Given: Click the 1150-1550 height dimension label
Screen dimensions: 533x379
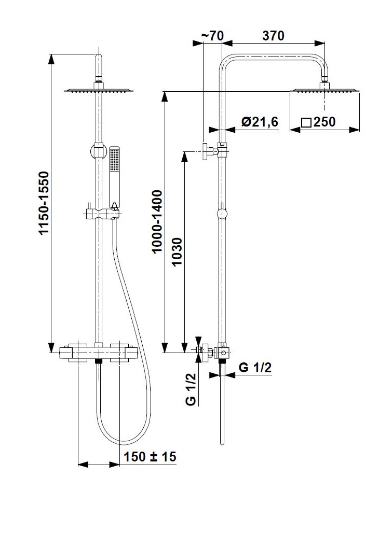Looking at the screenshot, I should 44,203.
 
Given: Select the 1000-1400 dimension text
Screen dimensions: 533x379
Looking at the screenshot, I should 157,222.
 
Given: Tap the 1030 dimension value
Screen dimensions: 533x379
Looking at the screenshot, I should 177,253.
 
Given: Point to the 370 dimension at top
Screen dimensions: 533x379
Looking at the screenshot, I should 273,36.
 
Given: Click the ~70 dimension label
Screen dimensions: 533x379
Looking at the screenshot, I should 211,36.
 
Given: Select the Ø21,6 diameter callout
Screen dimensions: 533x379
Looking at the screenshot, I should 260,122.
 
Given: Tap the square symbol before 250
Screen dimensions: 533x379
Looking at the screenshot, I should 306,123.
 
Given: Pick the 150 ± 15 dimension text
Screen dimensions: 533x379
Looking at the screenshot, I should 150,457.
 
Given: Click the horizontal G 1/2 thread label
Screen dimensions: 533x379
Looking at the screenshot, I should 255,368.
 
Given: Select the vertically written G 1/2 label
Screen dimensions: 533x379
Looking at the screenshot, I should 191,389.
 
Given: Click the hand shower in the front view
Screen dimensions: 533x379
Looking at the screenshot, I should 115,176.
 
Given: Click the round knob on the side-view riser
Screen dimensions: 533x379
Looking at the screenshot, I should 222,213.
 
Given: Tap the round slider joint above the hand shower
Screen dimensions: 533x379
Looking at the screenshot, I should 97,151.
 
